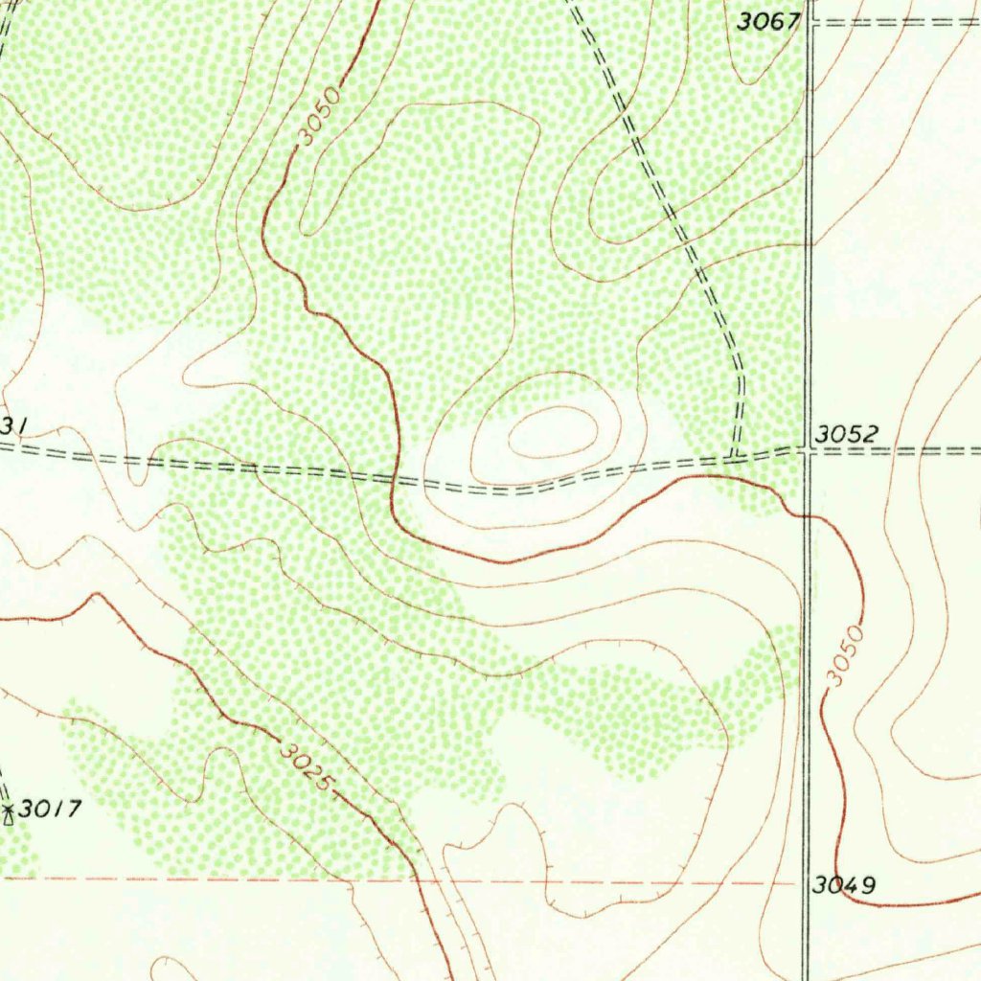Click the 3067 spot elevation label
coord(768,21)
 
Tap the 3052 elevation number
coord(845,435)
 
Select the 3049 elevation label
coord(843,885)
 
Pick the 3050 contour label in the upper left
coord(319,117)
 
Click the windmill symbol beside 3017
coord(9,815)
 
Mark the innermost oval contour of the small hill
coord(553,432)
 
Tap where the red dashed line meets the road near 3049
coord(803,882)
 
